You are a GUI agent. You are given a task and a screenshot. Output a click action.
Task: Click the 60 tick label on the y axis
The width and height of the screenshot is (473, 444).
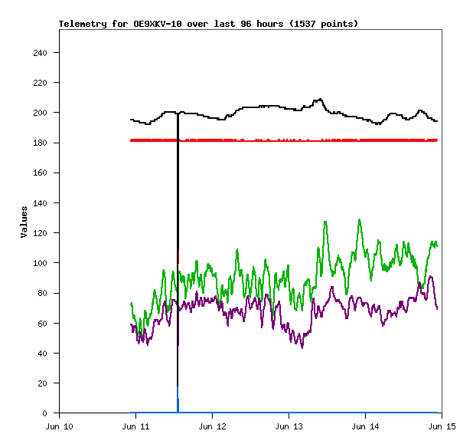(43, 323)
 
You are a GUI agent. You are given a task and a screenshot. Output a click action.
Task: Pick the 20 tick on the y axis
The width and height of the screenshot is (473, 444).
(43, 383)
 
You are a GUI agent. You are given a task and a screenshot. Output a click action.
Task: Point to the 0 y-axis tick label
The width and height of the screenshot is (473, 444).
(46, 413)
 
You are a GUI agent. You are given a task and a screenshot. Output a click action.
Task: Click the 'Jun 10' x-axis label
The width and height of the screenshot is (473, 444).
(60, 426)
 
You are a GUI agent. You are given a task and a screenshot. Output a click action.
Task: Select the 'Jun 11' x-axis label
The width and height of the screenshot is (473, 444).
(136, 426)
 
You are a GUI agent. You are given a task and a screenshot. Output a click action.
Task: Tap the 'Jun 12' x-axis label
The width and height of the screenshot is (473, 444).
(213, 426)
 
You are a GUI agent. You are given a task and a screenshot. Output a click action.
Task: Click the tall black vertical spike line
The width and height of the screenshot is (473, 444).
(178, 253)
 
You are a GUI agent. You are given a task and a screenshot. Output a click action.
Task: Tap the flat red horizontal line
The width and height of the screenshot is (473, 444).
(306, 140)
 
